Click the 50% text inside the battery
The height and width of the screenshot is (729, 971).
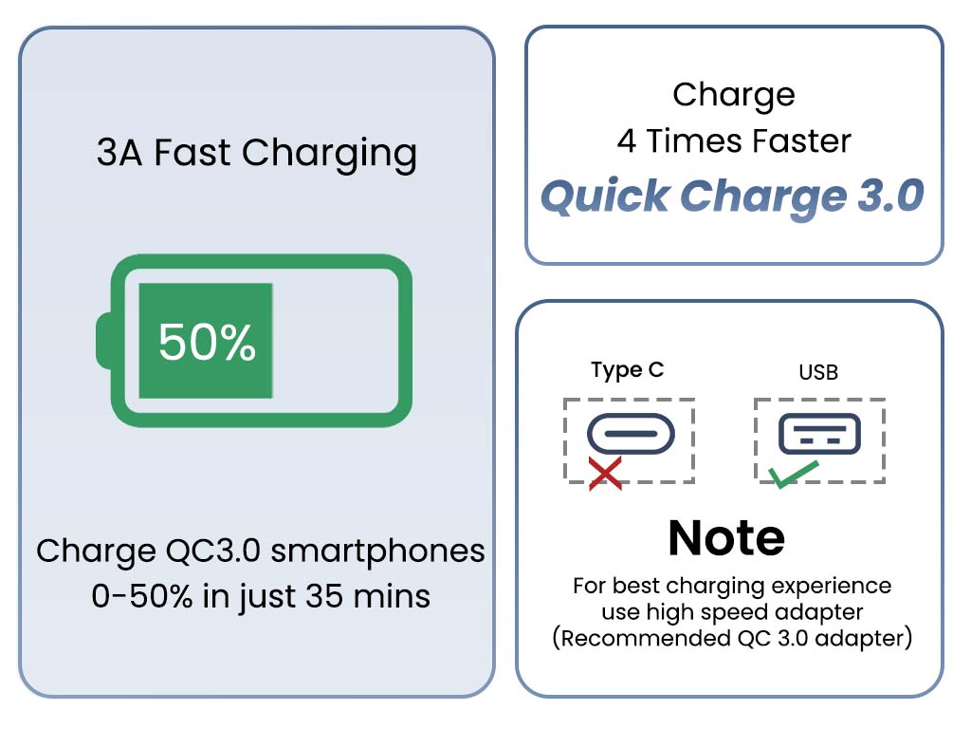(x=207, y=342)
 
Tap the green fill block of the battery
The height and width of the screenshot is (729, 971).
(x=206, y=341)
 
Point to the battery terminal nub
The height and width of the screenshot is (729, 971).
(x=103, y=341)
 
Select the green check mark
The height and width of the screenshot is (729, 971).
(x=794, y=474)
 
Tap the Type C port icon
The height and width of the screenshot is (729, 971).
(x=631, y=433)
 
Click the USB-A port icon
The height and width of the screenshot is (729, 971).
(x=819, y=433)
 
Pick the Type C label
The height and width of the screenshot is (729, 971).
(x=628, y=371)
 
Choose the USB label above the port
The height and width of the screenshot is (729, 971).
(x=818, y=372)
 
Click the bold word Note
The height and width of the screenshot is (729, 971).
(x=726, y=538)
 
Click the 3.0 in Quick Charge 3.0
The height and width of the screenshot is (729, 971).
(x=890, y=196)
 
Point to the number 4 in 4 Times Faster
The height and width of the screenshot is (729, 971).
(x=627, y=141)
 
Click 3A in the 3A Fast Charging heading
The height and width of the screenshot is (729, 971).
(x=119, y=153)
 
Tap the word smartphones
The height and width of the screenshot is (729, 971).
(x=377, y=551)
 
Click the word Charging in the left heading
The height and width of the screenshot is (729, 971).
(x=329, y=154)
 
